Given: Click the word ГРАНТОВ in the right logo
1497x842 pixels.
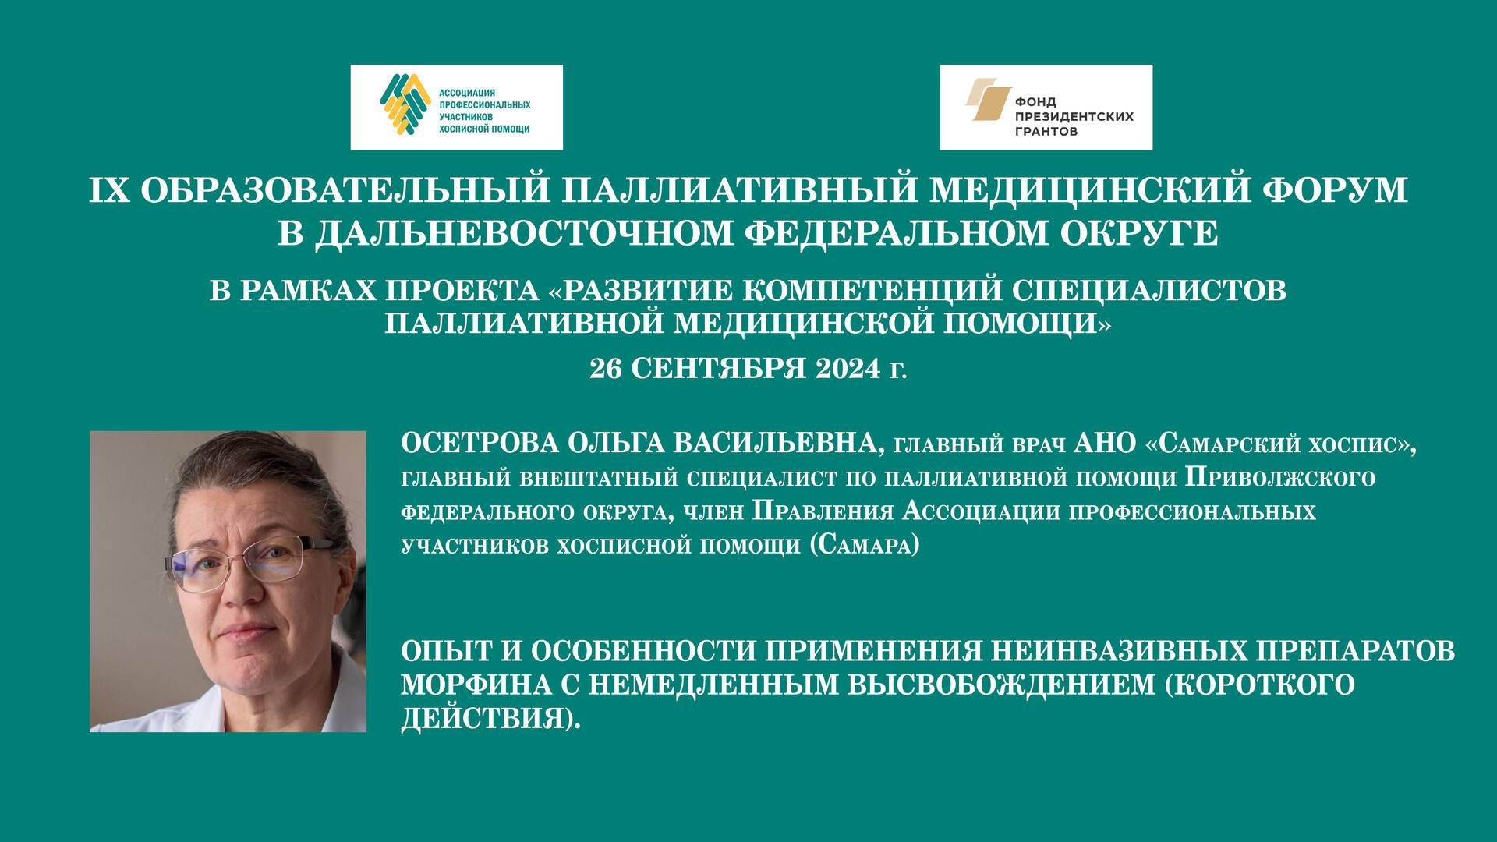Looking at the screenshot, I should [1046, 132].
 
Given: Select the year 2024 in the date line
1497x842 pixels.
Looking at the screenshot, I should [845, 368].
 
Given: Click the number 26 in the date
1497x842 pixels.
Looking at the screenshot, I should [606, 368].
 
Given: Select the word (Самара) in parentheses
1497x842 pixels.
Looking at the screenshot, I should [865, 545].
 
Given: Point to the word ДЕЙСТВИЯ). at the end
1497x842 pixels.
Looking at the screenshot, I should [491, 718].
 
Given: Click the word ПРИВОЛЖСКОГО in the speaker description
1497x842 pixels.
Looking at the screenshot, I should [1279, 477].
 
